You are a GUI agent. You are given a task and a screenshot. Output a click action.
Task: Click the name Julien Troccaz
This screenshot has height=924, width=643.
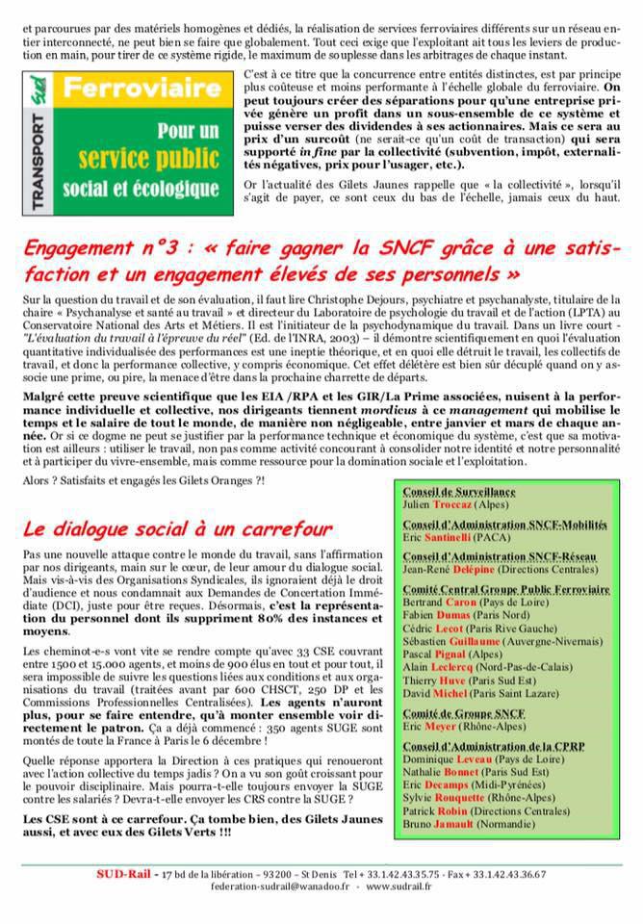[x=459, y=504]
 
